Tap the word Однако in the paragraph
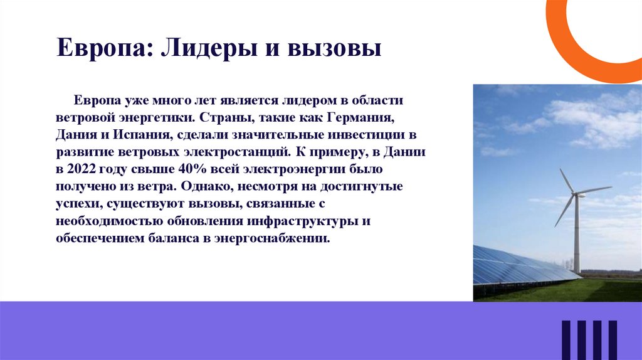(210, 187)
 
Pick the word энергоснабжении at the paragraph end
(281, 239)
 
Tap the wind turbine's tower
(577, 238)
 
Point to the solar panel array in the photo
(514, 267)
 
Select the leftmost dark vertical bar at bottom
(566, 340)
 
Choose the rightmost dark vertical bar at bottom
(612, 340)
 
